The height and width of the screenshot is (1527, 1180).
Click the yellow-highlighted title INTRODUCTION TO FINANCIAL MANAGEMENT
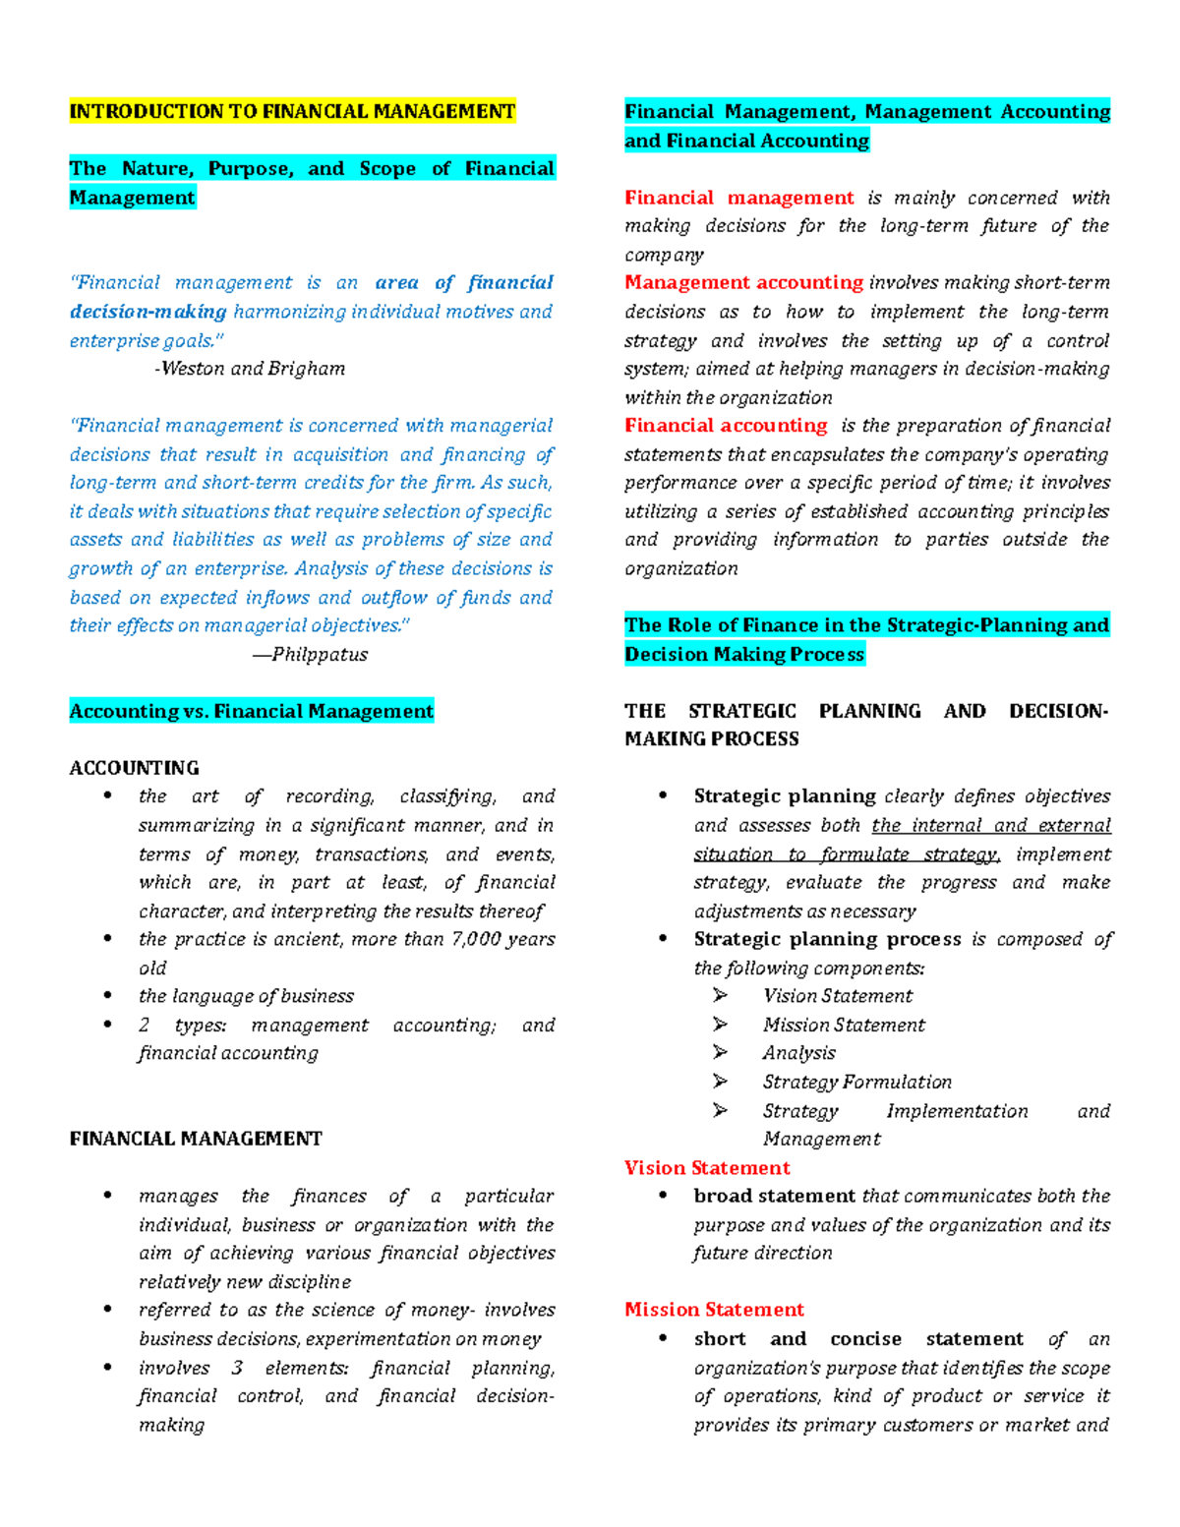pyautogui.click(x=292, y=111)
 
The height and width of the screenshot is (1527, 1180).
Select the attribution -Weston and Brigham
pyautogui.click(x=250, y=369)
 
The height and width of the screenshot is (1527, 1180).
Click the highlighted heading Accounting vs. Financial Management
pyautogui.click(x=251, y=711)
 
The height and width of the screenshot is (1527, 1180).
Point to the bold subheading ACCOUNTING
pyautogui.click(x=134, y=768)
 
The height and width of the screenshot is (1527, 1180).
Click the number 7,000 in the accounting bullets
pyautogui.click(x=476, y=939)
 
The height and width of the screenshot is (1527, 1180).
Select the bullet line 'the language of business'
pyautogui.click(x=246, y=996)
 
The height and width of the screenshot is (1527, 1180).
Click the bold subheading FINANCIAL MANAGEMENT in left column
pyautogui.click(x=196, y=1139)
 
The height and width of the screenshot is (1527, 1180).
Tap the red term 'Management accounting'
pyautogui.click(x=743, y=283)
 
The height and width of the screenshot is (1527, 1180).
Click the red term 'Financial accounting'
pyautogui.click(x=726, y=426)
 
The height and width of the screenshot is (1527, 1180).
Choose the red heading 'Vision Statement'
pyautogui.click(x=707, y=1168)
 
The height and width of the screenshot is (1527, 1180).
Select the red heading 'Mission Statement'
pyautogui.click(x=714, y=1310)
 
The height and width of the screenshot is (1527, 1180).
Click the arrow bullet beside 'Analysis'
pyautogui.click(x=720, y=1053)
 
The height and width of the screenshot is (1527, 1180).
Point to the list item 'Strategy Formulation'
pyautogui.click(x=856, y=1082)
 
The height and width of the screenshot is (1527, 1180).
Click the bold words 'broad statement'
pyautogui.click(x=774, y=1196)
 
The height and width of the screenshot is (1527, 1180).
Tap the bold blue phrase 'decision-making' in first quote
pyautogui.click(x=147, y=312)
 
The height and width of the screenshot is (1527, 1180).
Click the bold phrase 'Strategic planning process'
pyautogui.click(x=827, y=939)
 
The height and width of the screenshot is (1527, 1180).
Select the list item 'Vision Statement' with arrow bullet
pyautogui.click(x=837, y=996)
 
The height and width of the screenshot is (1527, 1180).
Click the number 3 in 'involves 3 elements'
pyautogui.click(x=237, y=1368)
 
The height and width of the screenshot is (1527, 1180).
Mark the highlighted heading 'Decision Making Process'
pyautogui.click(x=744, y=654)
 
